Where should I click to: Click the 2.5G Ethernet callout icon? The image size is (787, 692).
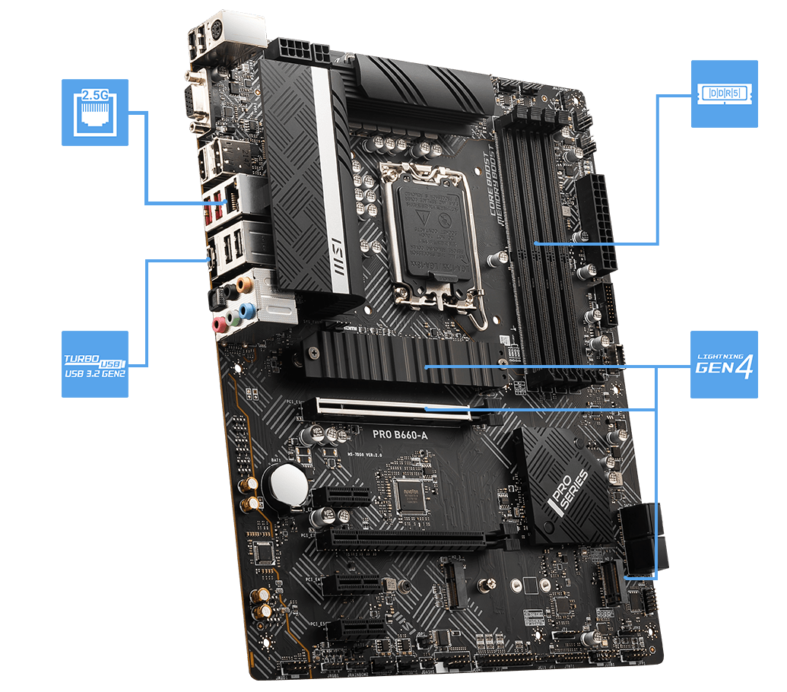click(95, 112)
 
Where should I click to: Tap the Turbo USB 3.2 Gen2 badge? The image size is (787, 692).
click(95, 364)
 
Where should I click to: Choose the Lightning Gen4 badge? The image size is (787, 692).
click(724, 364)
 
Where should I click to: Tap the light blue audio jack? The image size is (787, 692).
click(246, 310)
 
